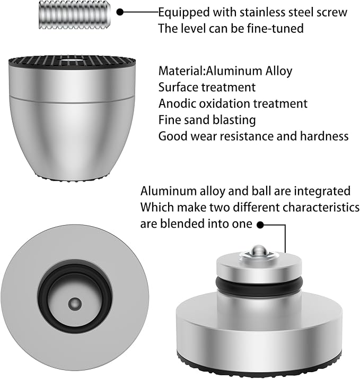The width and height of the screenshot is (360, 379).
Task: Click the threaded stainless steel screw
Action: [75, 15]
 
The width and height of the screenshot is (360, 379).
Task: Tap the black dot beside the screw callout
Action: [120, 12]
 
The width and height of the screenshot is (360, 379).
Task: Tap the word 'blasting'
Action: [234, 120]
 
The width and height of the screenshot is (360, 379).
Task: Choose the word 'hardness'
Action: [324, 136]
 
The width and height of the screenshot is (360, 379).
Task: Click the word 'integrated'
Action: [322, 191]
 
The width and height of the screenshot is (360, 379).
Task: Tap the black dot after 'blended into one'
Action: [260, 225]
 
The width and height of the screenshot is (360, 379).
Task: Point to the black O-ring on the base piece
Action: [259, 283]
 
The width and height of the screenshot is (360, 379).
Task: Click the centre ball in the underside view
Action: [75, 304]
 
